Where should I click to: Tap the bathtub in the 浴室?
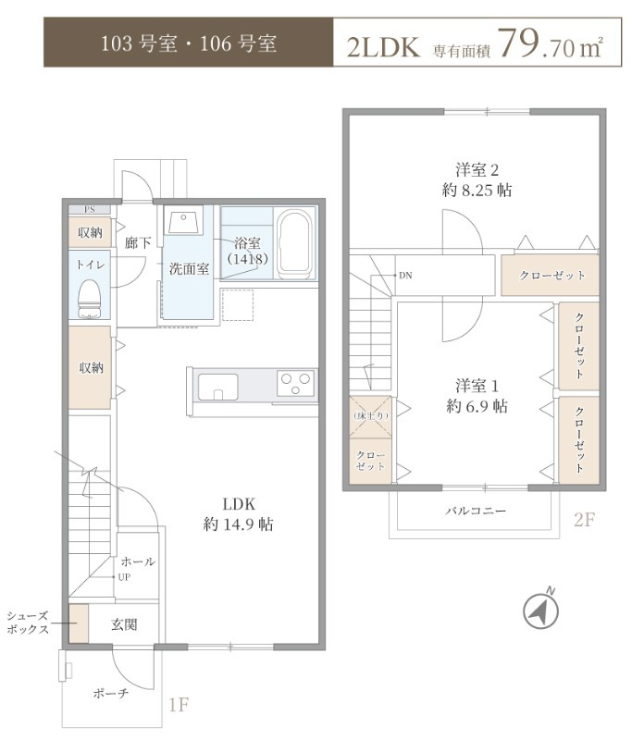click(x=295, y=243)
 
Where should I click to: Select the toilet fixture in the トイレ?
click(x=90, y=298)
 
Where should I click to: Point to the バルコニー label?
click(x=476, y=511)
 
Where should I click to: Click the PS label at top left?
click(x=90, y=209)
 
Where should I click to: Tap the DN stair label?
click(x=405, y=276)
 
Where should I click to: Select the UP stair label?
click(x=122, y=576)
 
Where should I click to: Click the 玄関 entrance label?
click(x=125, y=624)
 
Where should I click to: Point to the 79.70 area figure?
click(x=534, y=44)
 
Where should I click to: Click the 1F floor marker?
click(x=179, y=706)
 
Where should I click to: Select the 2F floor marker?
click(x=584, y=520)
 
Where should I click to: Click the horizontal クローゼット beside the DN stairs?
click(x=552, y=276)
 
